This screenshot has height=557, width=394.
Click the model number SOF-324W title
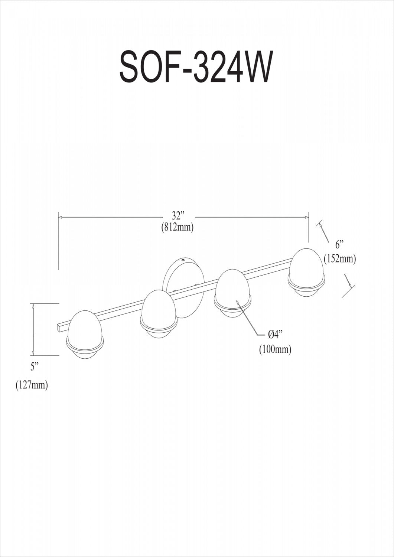point(195,66)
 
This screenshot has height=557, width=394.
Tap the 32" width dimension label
point(177,215)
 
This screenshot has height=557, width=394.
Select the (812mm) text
point(177,227)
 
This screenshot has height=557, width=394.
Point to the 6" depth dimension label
point(339,245)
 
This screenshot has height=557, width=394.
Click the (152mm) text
point(340,259)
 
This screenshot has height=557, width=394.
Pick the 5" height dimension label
point(35,367)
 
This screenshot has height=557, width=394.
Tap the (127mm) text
point(32,385)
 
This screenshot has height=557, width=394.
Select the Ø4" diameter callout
point(276,335)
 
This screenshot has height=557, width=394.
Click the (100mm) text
point(275,349)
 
